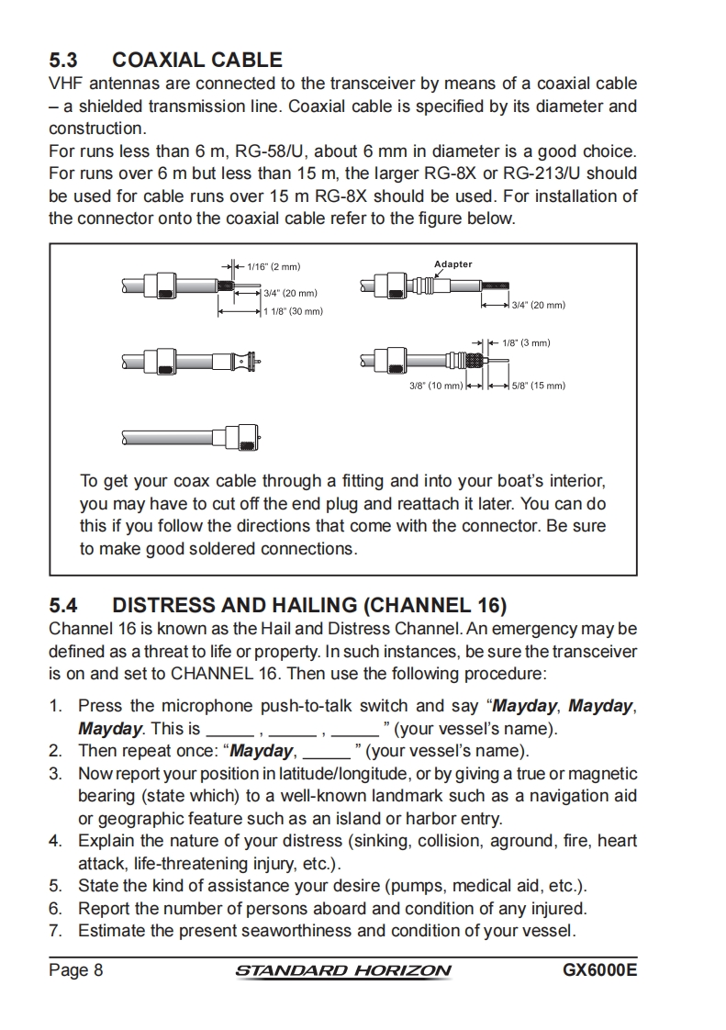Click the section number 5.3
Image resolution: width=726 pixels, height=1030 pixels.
(x=64, y=61)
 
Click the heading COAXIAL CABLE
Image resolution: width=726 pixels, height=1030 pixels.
(x=196, y=61)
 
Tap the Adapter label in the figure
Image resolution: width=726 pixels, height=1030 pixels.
(x=452, y=264)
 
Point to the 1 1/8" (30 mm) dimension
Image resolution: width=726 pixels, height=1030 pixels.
(x=294, y=312)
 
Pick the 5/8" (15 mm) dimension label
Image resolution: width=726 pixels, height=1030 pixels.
(x=538, y=386)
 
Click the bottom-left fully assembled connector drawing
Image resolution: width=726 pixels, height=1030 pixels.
(x=192, y=435)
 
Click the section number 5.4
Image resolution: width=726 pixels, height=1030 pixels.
(x=64, y=606)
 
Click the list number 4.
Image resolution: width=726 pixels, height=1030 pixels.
(x=55, y=841)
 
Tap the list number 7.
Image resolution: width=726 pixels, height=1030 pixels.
(x=55, y=931)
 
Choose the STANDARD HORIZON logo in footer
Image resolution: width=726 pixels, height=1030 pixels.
(x=343, y=971)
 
